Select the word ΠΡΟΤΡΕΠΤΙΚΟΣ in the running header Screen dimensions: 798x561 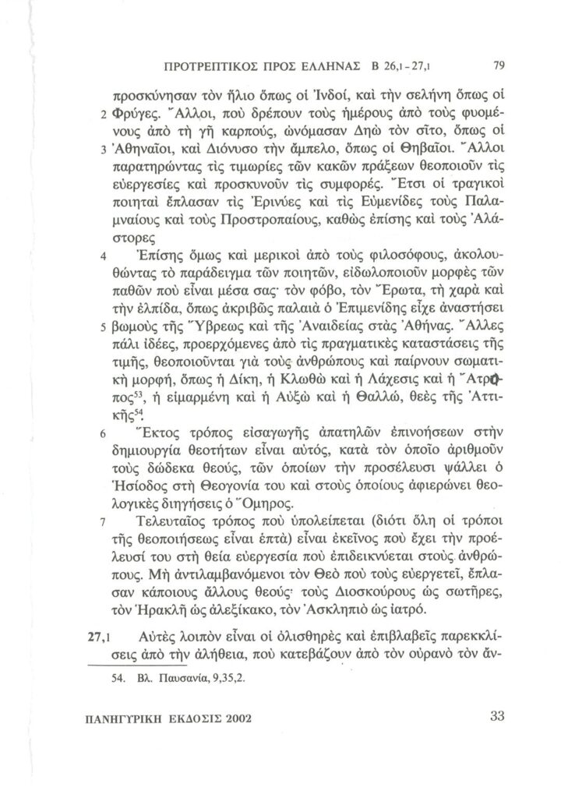click(x=219, y=65)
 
